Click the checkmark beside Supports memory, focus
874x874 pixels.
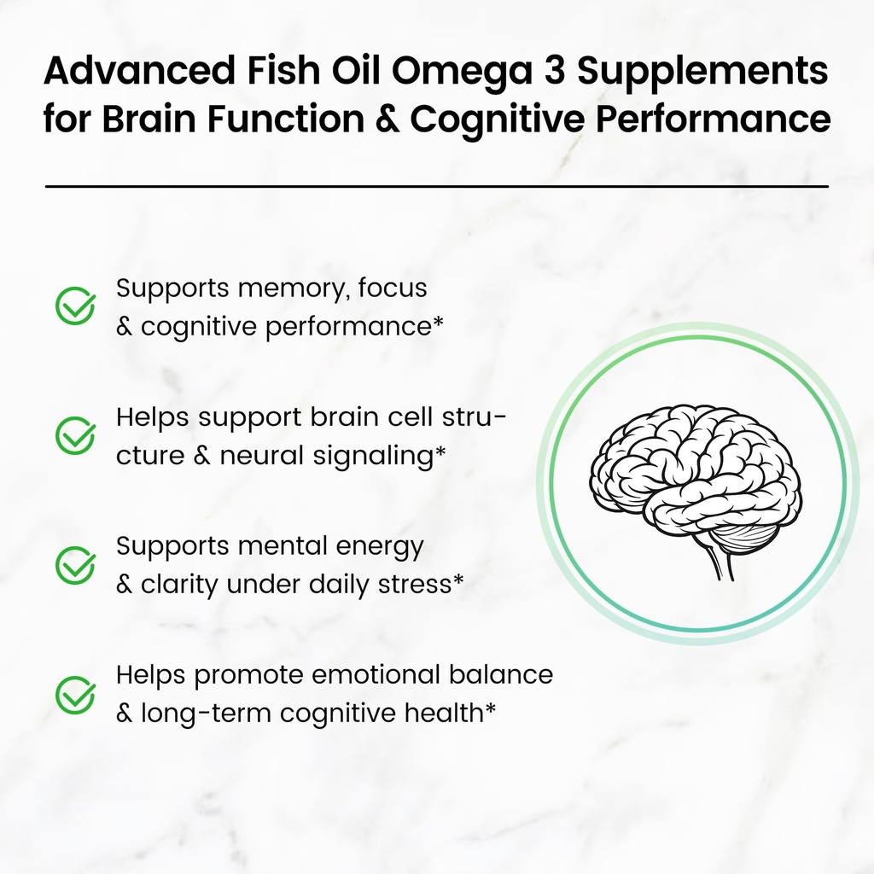coord(75,306)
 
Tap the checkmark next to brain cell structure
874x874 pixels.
coord(75,435)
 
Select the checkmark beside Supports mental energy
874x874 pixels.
coord(75,565)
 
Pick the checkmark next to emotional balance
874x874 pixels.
coord(75,695)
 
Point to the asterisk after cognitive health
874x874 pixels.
coord(490,708)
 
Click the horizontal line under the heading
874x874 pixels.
coord(436,185)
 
